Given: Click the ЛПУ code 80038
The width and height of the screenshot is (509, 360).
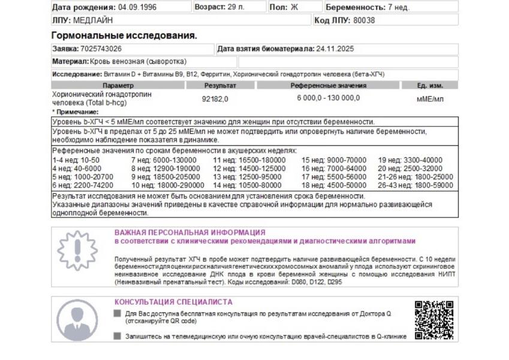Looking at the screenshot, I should [363, 20].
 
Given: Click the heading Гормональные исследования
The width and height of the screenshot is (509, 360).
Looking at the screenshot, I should [124, 35].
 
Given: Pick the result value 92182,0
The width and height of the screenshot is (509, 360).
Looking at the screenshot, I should [215, 98].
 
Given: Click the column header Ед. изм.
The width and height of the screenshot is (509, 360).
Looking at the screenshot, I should [430, 86].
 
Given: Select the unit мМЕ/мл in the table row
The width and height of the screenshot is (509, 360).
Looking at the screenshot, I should [430, 98].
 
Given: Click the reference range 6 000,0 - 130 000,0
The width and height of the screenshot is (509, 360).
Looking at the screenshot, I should [329, 98].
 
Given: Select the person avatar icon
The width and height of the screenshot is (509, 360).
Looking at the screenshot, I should [76, 320].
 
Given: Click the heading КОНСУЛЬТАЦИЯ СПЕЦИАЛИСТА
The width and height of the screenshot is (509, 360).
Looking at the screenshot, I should [173, 302].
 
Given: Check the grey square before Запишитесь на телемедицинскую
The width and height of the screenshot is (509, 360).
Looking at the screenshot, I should [117, 337].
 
